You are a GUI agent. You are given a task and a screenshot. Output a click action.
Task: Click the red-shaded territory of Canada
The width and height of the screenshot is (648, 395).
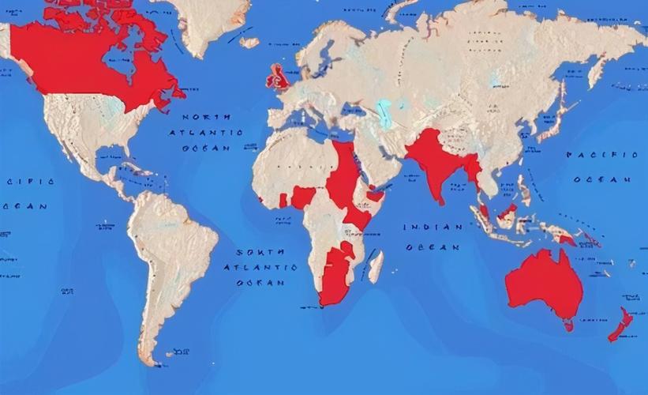click(x=87, y=63)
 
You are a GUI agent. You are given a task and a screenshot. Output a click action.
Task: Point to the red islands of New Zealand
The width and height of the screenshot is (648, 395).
click(x=620, y=324)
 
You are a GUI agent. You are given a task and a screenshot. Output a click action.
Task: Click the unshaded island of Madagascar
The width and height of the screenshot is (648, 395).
click(x=376, y=266)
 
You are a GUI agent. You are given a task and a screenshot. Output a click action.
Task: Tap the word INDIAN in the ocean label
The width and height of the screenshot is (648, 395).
click(x=433, y=228)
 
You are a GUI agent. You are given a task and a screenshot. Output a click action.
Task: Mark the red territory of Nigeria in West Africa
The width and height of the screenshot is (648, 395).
click(x=302, y=197)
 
